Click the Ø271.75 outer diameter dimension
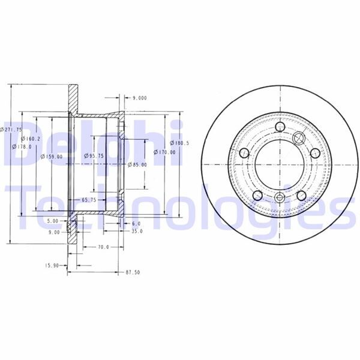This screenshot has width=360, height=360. [11, 129]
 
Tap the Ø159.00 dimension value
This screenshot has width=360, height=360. [52, 157]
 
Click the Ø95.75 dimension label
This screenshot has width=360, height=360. [93, 155]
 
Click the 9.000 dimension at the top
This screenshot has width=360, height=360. [140, 97]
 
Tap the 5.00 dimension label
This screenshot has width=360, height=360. [53, 221]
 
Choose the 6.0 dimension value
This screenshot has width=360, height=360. [136, 223]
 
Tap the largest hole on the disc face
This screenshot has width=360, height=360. [298, 139]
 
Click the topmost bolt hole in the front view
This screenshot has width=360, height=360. [280, 127]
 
